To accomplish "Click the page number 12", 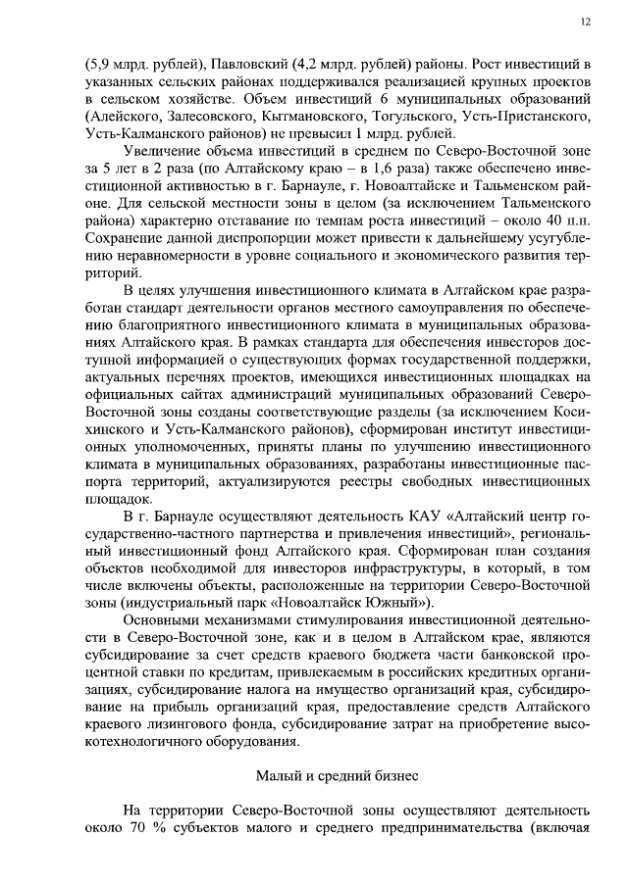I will tap(585, 21).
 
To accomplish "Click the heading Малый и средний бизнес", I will tap(337, 775).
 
